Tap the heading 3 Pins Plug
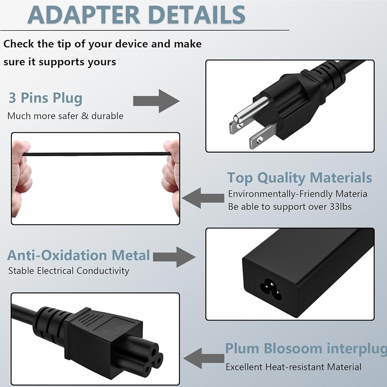45,98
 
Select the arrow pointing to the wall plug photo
156,101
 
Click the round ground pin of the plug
250,110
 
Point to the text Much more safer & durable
65,116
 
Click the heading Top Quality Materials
300,178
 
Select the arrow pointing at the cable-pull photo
203,198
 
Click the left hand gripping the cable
22,176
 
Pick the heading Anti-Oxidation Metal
79,255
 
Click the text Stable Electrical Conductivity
68,271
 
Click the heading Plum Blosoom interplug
306,349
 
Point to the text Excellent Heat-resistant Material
293,367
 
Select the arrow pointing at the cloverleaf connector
204,358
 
